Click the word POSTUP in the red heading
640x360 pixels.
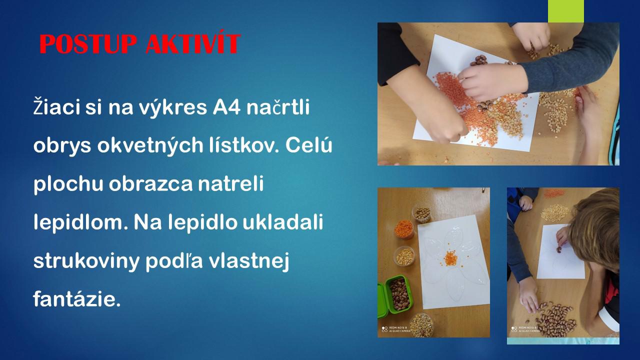tap(88, 43)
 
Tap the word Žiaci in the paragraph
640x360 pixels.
tap(56, 106)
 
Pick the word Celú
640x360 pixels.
tap(309, 144)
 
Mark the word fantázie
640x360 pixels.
tap(77, 299)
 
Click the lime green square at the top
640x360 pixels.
tap(565, 11)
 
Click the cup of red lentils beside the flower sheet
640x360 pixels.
tap(404, 228)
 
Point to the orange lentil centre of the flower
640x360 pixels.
tap(450, 258)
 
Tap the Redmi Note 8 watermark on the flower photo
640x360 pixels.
tap(396, 329)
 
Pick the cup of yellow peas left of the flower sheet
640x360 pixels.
tap(404, 256)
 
